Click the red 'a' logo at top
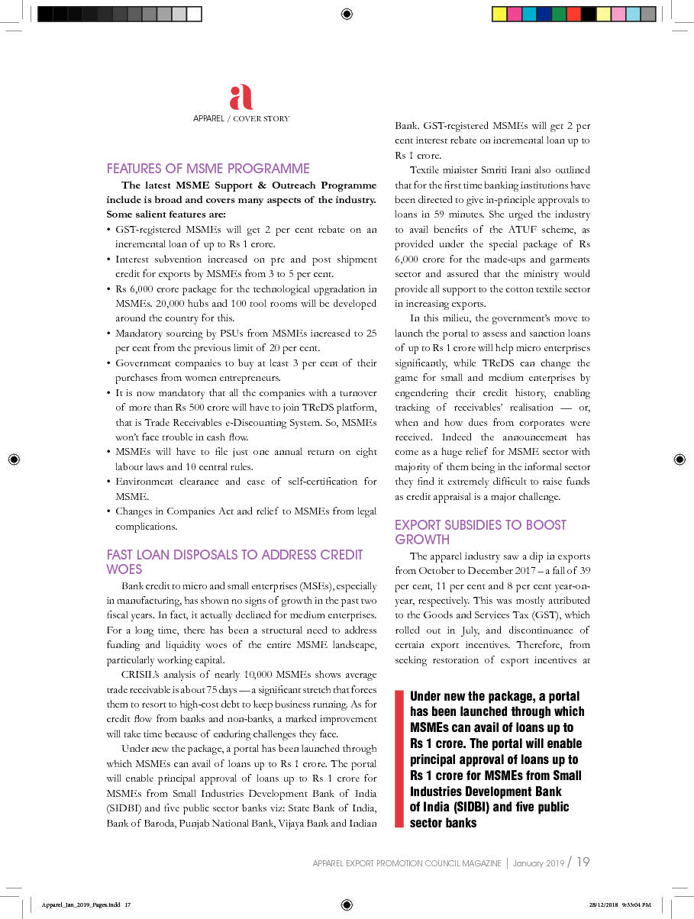pos(241,98)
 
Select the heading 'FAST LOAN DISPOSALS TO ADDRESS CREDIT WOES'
pos(234,561)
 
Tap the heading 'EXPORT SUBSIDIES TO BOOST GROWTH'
pos(480,531)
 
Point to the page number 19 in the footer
pos(583,863)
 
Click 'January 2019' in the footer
pos(538,863)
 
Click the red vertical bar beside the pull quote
pos(399,759)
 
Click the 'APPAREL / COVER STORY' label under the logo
pos(241,118)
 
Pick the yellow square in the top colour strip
pos(499,14)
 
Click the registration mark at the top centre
pos(347,13)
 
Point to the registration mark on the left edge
pos(15,459)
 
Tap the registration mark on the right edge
pos(679,459)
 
